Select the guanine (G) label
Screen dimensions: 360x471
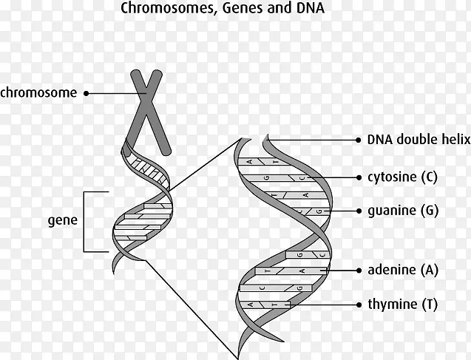click(402, 210)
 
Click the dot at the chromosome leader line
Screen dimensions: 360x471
click(87, 93)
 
